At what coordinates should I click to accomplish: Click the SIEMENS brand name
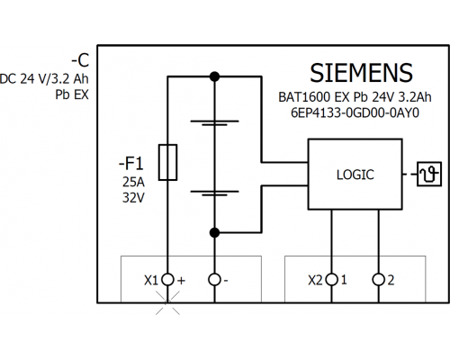click(361, 73)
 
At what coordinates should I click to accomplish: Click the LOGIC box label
click(355, 175)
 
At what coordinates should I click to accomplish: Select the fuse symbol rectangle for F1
click(167, 162)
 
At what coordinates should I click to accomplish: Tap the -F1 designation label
click(131, 164)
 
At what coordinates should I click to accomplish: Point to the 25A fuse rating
click(133, 182)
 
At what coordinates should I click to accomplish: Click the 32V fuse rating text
click(133, 198)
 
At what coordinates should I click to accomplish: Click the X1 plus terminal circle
click(167, 280)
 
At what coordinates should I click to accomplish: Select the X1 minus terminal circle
click(214, 280)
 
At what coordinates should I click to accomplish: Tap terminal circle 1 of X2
click(331, 280)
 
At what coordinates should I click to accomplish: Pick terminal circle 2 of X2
click(379, 280)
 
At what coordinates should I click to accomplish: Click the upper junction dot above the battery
click(214, 76)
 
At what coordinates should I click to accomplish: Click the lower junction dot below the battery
click(214, 232)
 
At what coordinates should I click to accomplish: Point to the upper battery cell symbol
click(214, 122)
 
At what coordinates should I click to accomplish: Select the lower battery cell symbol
click(214, 193)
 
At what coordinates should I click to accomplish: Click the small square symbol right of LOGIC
click(429, 174)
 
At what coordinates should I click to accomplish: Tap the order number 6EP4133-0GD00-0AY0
click(355, 113)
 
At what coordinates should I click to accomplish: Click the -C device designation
click(80, 60)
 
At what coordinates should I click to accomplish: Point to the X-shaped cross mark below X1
click(167, 302)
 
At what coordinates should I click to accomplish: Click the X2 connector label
click(315, 280)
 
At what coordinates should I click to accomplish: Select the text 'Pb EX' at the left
click(72, 94)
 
